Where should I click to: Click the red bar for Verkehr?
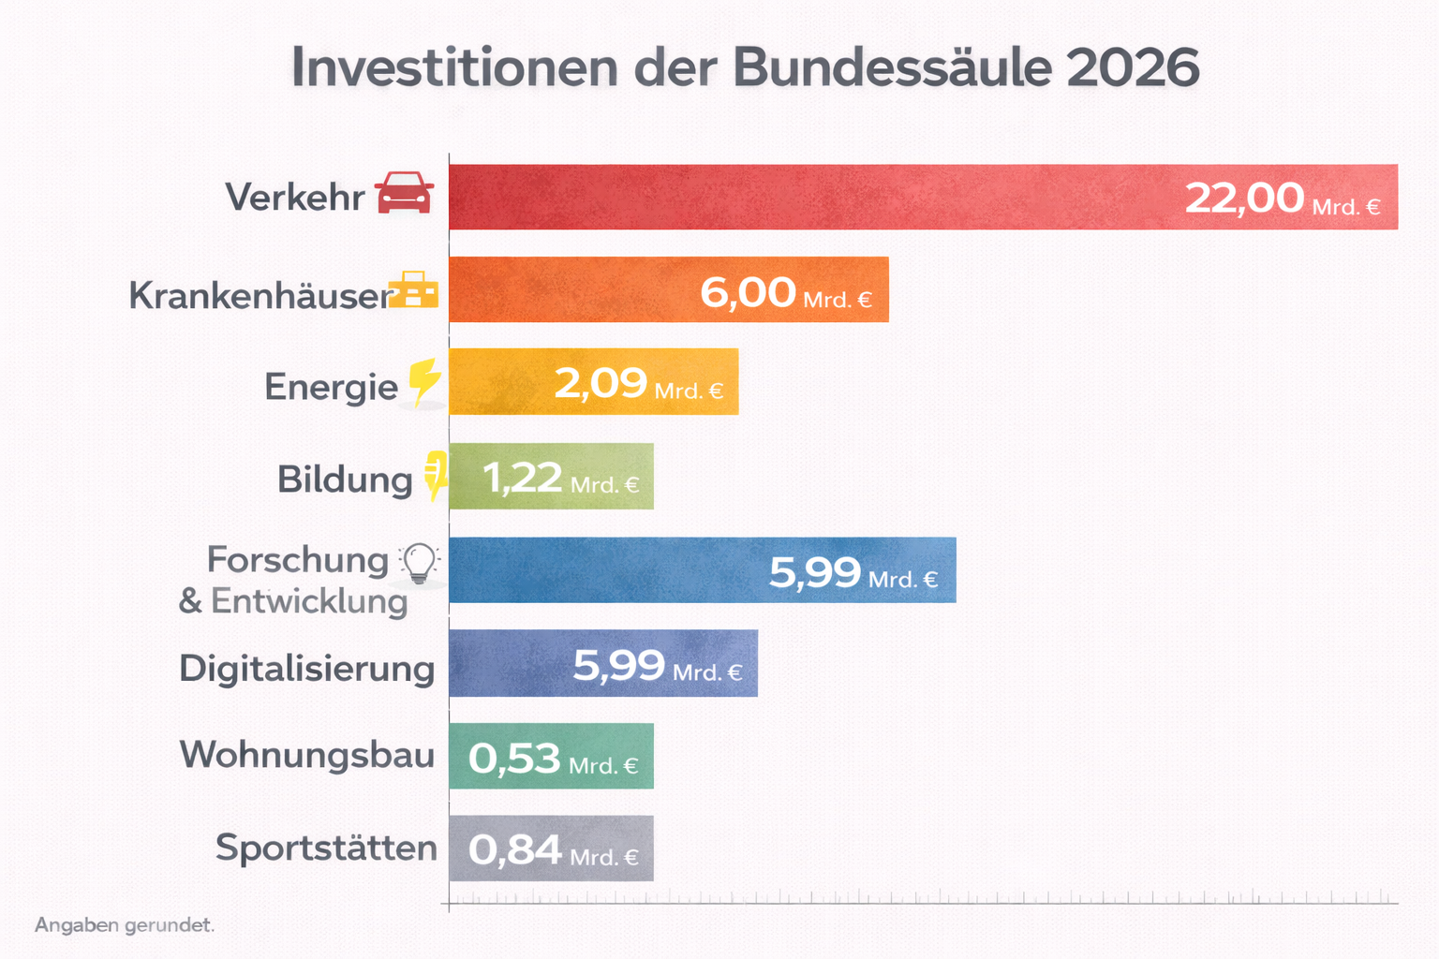coord(806,197)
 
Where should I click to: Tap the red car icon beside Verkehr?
coord(404,193)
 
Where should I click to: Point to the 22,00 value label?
coord(1244,199)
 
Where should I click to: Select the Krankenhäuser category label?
coord(259,296)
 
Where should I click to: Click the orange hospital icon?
coord(413,290)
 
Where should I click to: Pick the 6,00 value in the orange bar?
coord(748,293)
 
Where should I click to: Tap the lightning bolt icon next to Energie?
coord(424,382)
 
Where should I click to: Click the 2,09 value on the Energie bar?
coord(601,384)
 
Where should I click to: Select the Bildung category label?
coord(344,479)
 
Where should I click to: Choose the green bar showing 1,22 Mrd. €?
coord(551,477)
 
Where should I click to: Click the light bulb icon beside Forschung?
coord(419,563)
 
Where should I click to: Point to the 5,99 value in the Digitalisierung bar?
coord(618,666)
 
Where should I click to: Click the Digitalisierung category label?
coord(306,669)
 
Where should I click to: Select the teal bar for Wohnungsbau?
coord(551,757)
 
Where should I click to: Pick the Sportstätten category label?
coord(326,848)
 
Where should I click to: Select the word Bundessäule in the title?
coord(891,68)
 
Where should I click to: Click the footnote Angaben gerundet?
coord(125,925)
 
